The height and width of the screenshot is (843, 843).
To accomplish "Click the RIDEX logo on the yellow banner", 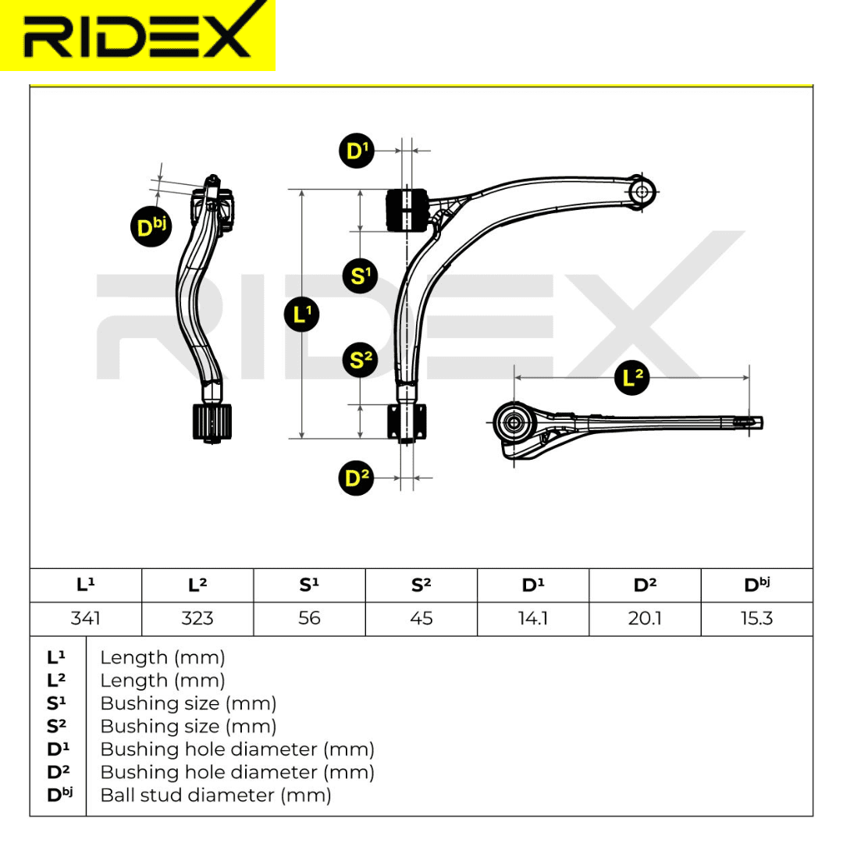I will (x=137, y=35).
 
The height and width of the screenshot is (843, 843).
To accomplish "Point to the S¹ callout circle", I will (x=360, y=275).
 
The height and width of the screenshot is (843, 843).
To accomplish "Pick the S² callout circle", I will (x=360, y=361).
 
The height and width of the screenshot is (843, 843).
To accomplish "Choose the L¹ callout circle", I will (x=301, y=314).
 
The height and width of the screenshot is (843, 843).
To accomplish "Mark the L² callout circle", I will (x=633, y=378).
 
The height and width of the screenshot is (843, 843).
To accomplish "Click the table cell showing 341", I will (x=85, y=618).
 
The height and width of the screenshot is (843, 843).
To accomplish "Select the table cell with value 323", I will (x=197, y=618).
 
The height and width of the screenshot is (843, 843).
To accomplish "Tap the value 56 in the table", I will (x=309, y=618).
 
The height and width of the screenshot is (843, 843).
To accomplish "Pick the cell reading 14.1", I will (x=533, y=618).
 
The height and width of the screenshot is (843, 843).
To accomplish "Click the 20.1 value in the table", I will (x=645, y=618).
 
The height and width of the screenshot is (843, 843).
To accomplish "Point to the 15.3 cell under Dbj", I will (x=756, y=618).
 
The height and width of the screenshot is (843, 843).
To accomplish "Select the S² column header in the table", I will (x=421, y=585).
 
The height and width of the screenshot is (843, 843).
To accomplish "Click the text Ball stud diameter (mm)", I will (x=216, y=795).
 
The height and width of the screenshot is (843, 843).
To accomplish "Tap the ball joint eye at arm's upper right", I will (x=642, y=190).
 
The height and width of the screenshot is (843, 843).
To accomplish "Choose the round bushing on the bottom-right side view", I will (x=514, y=423).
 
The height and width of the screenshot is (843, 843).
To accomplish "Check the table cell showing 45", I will (x=421, y=618).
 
